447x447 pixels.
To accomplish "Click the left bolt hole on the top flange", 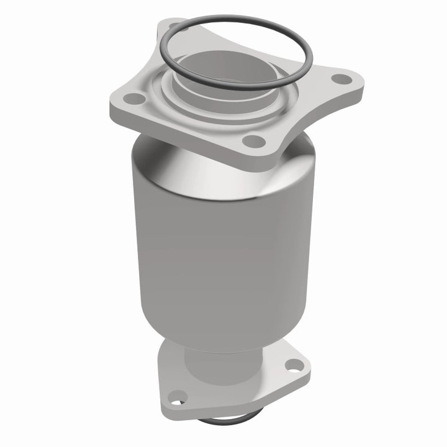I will coord(132,97).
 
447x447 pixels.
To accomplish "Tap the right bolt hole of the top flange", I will coord(339,79).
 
